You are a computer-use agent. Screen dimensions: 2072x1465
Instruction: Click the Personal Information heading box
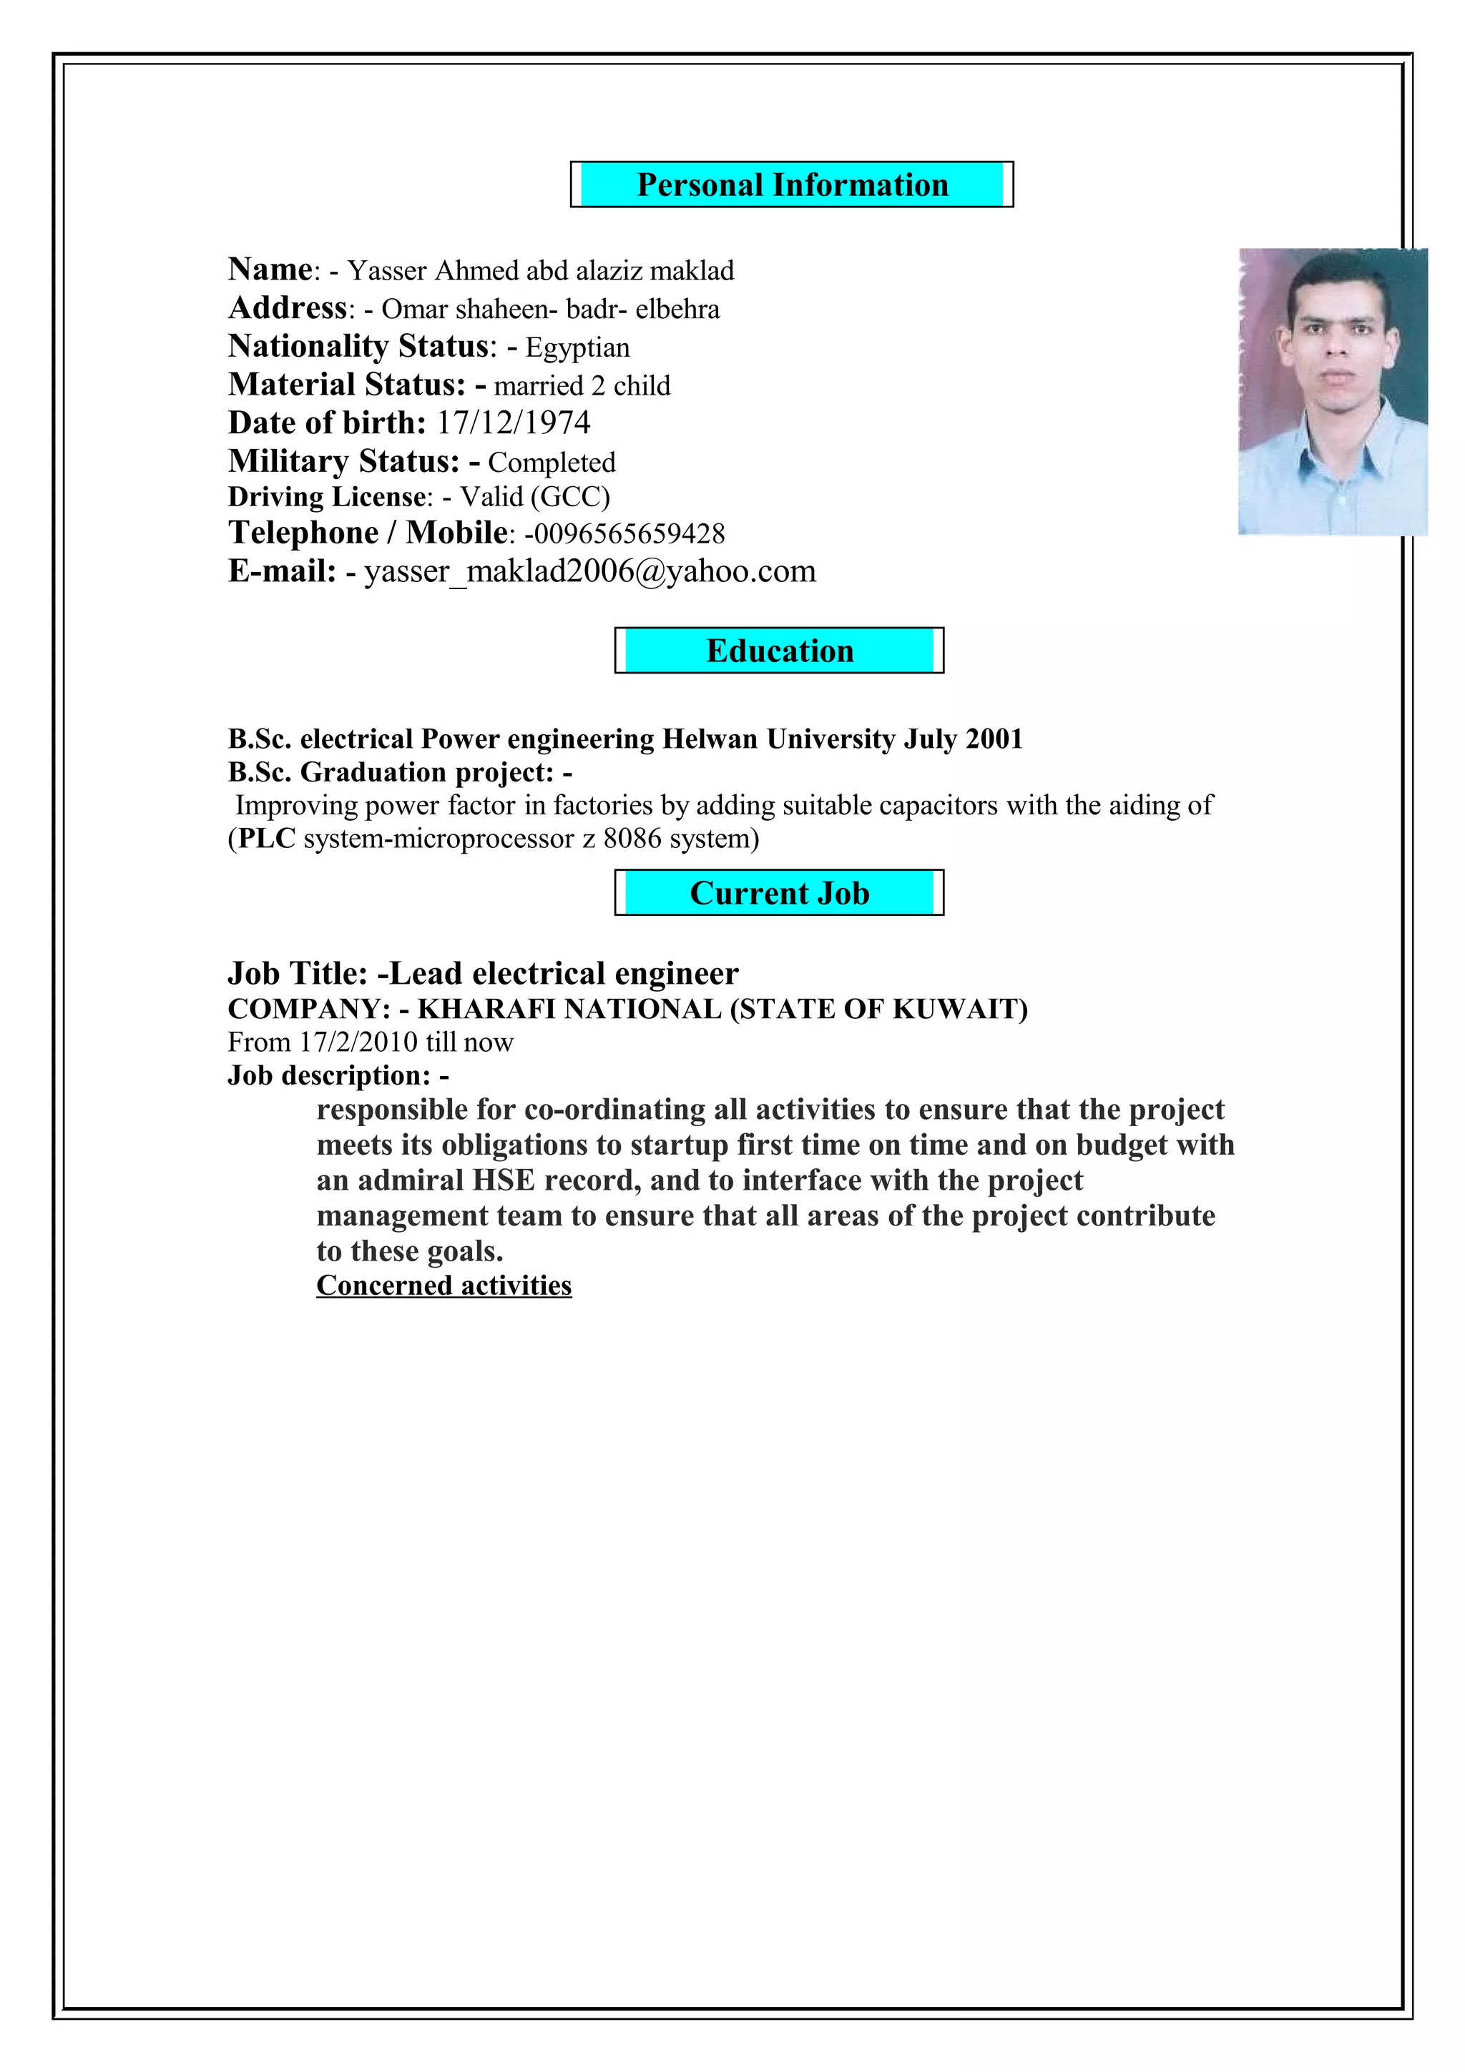point(792,185)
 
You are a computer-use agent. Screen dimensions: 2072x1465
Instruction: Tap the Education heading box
point(779,651)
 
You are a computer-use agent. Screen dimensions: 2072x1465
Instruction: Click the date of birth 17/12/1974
point(514,423)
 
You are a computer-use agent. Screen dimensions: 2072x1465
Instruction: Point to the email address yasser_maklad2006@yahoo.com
point(589,571)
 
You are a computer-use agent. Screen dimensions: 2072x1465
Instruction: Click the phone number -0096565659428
point(624,533)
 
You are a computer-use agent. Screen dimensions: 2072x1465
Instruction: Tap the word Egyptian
point(578,347)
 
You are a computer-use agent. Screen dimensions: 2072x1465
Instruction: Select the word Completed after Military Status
point(552,463)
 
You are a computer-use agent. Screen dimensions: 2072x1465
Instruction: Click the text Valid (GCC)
point(535,497)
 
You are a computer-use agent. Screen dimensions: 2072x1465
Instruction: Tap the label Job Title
point(296,974)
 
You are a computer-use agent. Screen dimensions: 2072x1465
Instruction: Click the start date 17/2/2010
point(358,1042)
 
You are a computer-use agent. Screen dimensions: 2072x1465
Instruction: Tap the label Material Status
point(346,385)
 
